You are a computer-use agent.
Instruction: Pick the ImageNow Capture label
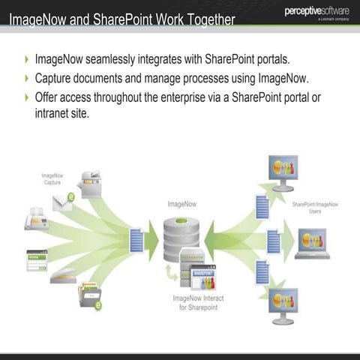pos(52,179)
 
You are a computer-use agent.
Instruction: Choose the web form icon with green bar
pos(37,259)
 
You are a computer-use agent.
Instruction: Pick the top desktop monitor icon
pos(283,173)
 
